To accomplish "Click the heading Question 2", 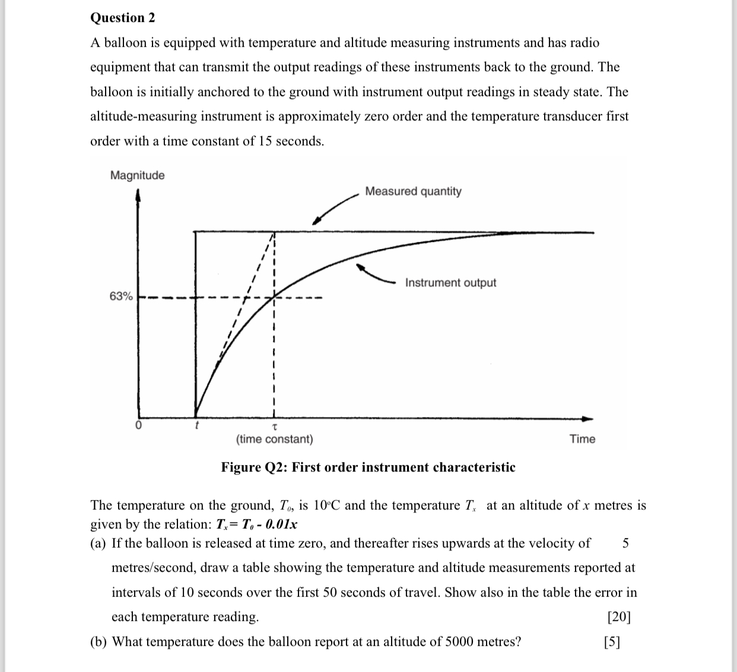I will pyautogui.click(x=122, y=18).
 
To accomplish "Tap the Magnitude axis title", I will pyautogui.click(x=137, y=176).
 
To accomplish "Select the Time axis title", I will pyautogui.click(x=582, y=439).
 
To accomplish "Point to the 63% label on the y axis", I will pyautogui.click(x=121, y=296).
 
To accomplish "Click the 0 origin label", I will pyautogui.click(x=138, y=426).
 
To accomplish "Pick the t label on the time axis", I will pyautogui.click(x=196, y=425).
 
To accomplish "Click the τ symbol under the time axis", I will pyautogui.click(x=274, y=426).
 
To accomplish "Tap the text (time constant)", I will pyautogui.click(x=274, y=439).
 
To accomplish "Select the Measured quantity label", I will pyautogui.click(x=413, y=192).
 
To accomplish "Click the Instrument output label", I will pyautogui.click(x=450, y=283).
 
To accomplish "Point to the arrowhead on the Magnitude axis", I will pyautogui.click(x=138, y=194).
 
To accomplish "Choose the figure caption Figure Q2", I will pyautogui.click(x=368, y=467).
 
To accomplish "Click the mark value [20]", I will pyautogui.click(x=619, y=617).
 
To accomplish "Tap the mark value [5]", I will pyautogui.click(x=611, y=642).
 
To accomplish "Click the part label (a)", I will pyautogui.click(x=99, y=543).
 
